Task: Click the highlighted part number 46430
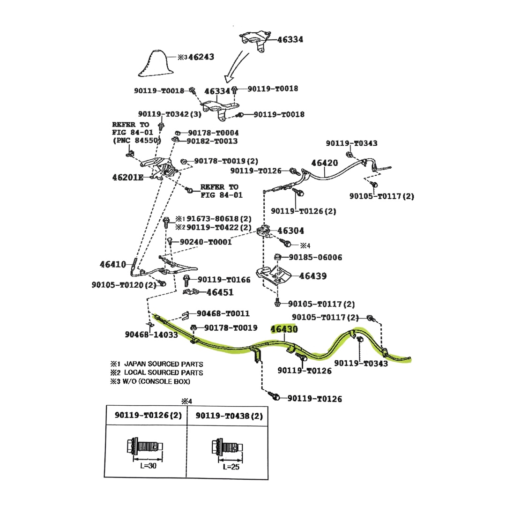(284, 329)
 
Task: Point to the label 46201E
(127, 178)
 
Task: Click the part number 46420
(324, 163)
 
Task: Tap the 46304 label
(290, 231)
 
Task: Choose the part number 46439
(313, 276)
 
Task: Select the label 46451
(220, 292)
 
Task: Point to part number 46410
(113, 264)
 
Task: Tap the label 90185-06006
(315, 257)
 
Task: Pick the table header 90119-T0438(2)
(229, 416)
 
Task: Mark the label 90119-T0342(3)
(170, 114)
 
